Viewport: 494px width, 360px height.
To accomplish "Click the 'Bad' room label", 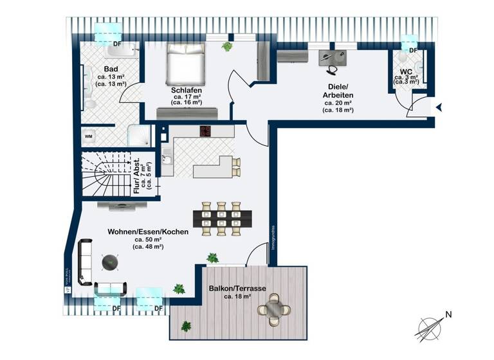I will pos(111,68).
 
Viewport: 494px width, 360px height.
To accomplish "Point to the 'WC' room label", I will pos(406,72).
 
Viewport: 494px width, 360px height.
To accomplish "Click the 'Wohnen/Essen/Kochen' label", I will pos(148,231).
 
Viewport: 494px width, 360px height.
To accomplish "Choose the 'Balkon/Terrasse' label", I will pos(237,289).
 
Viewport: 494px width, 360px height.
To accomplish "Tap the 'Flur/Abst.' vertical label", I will pos(137,175).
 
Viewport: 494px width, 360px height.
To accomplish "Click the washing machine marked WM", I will pos(89,137).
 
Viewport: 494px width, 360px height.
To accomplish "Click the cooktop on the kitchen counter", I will pos(206,131).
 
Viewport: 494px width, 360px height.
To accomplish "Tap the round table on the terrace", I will pos(275,308).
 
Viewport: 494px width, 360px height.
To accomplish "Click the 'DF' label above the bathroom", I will pos(117,44).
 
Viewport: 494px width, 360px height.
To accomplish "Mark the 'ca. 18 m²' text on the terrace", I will pos(237,297).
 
